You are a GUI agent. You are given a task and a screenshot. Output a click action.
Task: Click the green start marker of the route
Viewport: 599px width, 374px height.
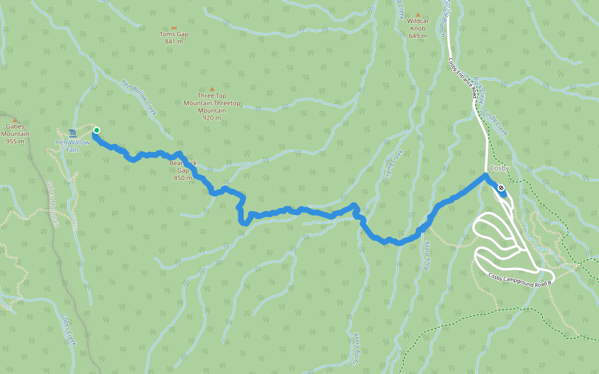[96, 130]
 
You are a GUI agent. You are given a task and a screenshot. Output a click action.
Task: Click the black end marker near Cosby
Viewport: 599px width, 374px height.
[501, 186]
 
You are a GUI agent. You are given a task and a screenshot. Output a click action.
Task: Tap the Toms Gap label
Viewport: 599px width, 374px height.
[174, 34]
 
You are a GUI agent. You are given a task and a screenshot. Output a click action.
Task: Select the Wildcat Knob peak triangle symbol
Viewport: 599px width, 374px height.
[418, 14]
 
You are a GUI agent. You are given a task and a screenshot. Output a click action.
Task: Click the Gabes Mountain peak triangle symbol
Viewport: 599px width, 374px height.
[15, 119]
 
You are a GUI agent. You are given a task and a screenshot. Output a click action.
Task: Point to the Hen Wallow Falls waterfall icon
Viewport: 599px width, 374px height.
[73, 133]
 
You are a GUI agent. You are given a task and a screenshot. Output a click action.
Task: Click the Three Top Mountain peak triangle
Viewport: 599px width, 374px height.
[212, 89]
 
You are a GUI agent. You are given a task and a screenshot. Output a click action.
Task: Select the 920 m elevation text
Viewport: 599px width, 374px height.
[212, 118]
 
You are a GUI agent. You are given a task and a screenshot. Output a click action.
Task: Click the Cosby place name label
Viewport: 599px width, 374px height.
[500, 169]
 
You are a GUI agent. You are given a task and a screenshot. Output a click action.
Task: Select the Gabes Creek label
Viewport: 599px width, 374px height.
[69, 330]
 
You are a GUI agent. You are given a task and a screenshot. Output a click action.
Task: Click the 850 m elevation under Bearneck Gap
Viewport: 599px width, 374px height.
[183, 178]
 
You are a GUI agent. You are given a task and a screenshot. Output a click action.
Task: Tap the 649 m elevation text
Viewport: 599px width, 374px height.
[417, 36]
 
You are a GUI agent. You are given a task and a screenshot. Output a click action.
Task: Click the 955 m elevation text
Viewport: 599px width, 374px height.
[15, 141]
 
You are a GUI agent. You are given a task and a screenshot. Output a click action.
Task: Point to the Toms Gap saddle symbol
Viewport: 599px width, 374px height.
[174, 27]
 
